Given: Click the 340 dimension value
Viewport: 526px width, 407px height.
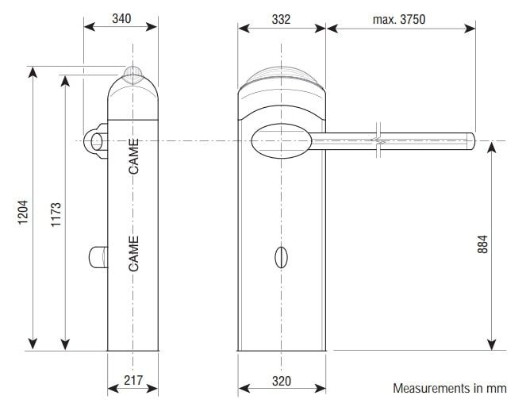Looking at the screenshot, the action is click(121, 19).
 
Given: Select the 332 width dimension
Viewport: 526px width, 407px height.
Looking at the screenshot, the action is click(281, 20).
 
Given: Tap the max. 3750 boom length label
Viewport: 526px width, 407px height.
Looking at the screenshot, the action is click(399, 20).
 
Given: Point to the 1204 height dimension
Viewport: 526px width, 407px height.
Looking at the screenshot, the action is click(23, 213).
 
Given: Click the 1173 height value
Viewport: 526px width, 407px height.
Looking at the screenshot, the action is click(56, 214).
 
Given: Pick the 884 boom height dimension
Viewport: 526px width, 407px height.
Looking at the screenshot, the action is click(482, 244).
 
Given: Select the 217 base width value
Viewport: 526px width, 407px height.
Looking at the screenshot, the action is click(133, 381).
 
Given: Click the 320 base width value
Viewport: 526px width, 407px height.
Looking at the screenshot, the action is click(282, 381).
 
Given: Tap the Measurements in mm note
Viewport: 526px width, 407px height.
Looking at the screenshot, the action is click(450, 388).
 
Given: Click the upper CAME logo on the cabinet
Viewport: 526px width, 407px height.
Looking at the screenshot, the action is click(133, 156).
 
